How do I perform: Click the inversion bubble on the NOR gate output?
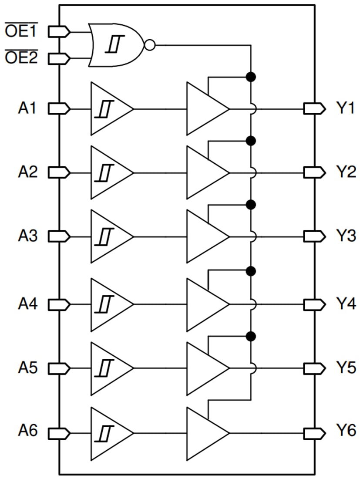[x=150, y=45]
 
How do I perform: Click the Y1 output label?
[x=346, y=108]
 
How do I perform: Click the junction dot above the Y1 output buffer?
[x=250, y=77]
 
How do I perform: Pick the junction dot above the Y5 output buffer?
[x=250, y=336]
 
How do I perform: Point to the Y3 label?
[x=346, y=236]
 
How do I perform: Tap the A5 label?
[x=27, y=368]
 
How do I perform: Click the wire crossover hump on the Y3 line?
[x=253, y=236]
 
